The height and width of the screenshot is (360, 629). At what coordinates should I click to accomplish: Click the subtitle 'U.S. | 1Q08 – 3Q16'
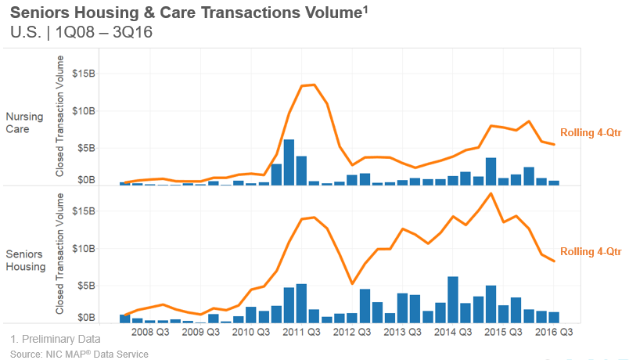[81, 33]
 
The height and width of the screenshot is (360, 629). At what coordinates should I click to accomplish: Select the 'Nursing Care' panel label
[24, 123]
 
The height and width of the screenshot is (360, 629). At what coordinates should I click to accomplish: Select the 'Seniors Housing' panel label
[26, 261]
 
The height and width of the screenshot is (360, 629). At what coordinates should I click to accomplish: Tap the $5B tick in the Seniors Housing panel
[85, 284]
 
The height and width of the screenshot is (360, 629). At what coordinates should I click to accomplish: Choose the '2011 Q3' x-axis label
[302, 332]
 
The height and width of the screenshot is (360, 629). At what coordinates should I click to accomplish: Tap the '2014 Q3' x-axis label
[452, 332]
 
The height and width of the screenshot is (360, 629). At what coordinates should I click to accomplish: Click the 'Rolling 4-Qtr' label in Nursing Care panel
[591, 132]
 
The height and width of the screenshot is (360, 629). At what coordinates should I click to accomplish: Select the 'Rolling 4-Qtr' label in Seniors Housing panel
[591, 251]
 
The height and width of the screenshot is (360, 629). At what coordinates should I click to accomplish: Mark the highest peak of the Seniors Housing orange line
[491, 193]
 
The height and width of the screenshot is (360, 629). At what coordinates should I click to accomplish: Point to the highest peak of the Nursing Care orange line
[314, 85]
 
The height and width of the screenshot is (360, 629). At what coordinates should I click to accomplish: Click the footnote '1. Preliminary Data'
[56, 340]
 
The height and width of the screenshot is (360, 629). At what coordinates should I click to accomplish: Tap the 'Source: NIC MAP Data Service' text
[79, 354]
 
